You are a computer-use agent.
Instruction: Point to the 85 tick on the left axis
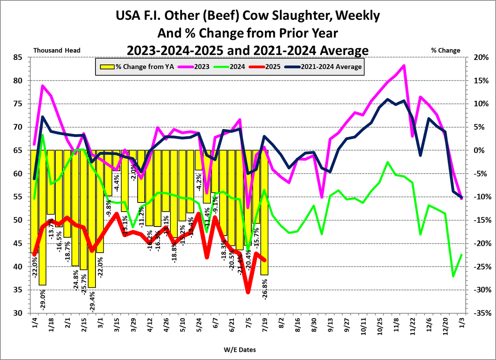(18, 57)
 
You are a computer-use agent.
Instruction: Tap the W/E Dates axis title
(240, 350)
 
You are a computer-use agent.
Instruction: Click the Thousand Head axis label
(57, 50)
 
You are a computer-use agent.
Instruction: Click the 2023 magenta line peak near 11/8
(404, 65)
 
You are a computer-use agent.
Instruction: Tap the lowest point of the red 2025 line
(248, 292)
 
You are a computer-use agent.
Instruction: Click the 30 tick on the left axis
(18, 313)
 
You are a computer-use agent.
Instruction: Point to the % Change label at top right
(446, 50)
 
